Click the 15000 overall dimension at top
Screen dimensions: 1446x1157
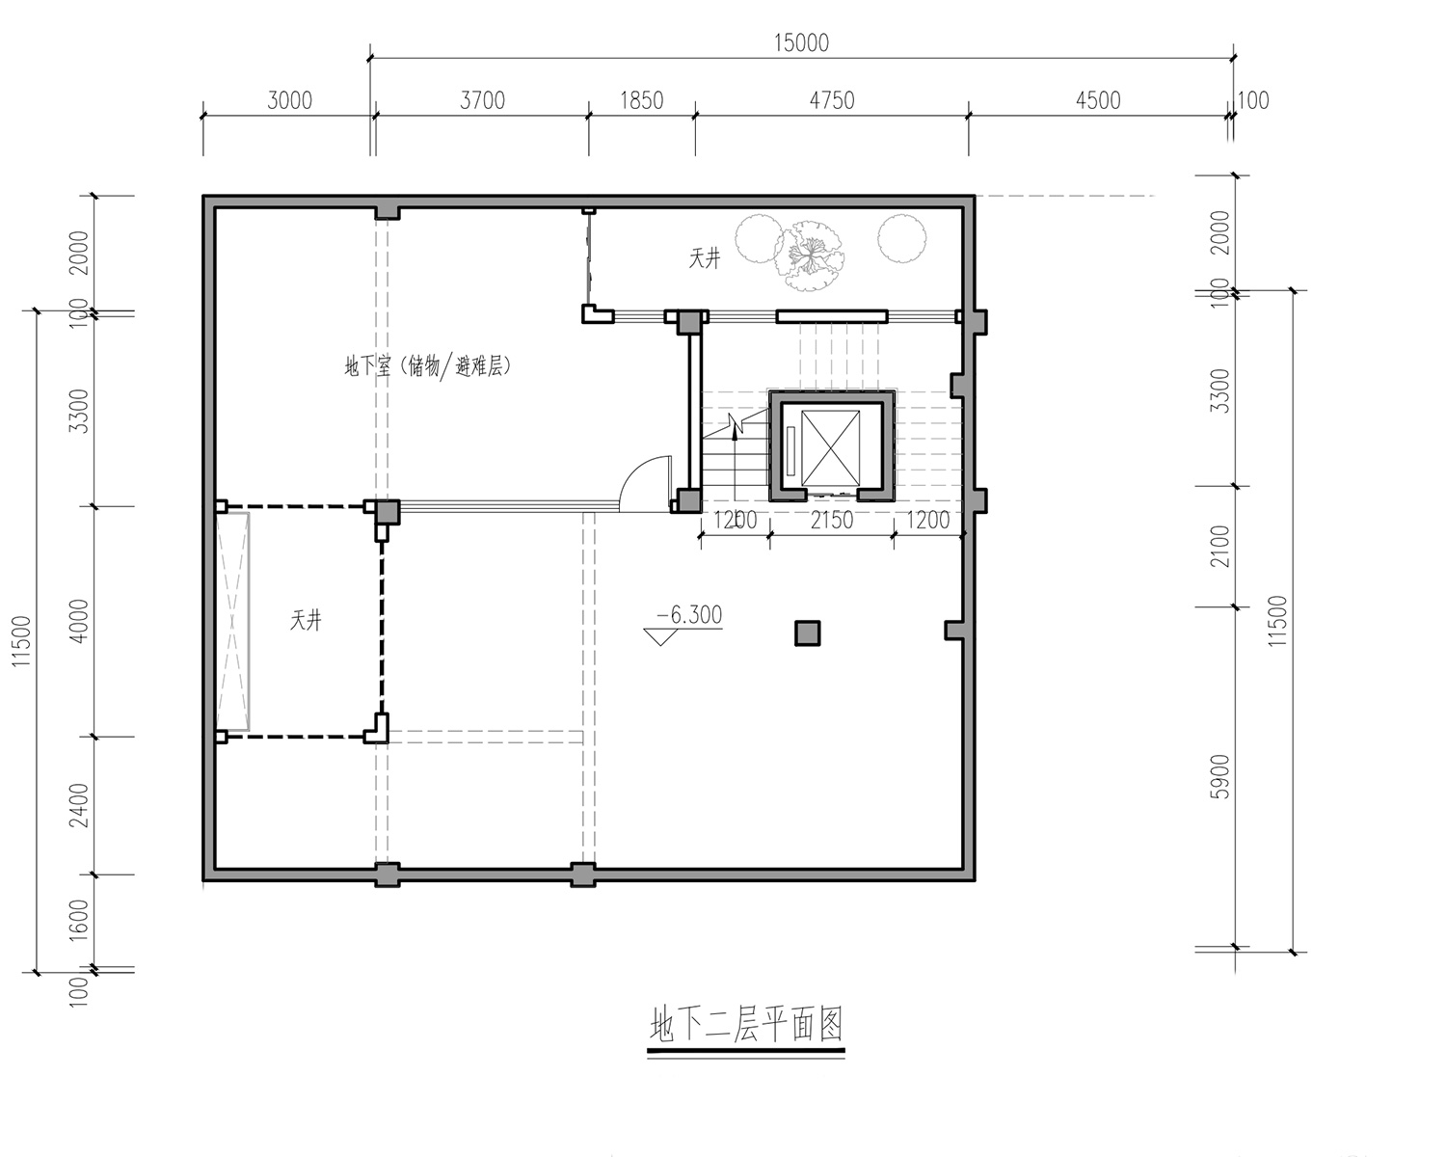coord(801,43)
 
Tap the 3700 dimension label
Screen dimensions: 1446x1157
coord(482,101)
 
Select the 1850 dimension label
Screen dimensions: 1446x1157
coord(641,101)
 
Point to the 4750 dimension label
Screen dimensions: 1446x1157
coord(832,101)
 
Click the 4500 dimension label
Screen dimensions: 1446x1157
coord(1098,101)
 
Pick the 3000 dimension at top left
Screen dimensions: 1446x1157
coord(289,101)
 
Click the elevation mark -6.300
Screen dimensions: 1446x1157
coord(688,614)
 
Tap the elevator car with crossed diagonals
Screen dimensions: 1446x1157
coord(831,447)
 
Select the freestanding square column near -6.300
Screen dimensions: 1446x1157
coord(808,633)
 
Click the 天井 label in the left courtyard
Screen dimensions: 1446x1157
coord(306,620)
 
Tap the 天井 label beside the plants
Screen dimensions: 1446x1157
coord(704,258)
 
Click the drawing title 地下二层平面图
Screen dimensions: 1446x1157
coord(746,1025)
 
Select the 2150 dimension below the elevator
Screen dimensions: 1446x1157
coord(832,520)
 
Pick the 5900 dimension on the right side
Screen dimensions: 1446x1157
coord(1219,776)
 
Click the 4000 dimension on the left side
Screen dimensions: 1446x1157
coord(79,621)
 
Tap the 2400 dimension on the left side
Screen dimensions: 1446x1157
coord(79,805)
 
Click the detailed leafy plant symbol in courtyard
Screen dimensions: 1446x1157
coord(811,256)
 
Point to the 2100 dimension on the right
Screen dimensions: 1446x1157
coord(1219,546)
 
